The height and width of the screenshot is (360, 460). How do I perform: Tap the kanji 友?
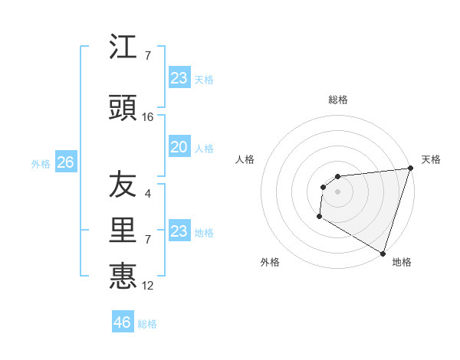[x=123, y=185]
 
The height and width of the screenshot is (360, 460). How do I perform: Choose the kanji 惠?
[x=123, y=275]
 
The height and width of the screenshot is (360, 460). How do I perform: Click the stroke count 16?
[x=148, y=117]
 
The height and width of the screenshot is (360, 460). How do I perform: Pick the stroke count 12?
[x=148, y=286]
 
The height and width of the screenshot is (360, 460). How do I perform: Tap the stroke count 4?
[x=148, y=194]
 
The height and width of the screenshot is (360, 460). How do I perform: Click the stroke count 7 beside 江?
[x=148, y=56]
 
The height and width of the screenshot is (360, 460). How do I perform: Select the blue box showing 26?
[x=65, y=162]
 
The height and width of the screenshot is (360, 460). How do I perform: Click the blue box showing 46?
[x=122, y=322]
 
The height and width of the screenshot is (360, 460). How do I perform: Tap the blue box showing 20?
[x=179, y=148]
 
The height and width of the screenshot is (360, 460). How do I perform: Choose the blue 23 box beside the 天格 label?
[x=179, y=78]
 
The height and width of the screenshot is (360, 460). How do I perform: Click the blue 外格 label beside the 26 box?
[x=41, y=164]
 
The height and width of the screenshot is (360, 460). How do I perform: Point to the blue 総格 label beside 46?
[x=147, y=324]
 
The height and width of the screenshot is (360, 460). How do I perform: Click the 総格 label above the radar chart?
[x=337, y=100]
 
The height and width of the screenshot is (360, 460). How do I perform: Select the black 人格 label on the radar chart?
[x=245, y=159]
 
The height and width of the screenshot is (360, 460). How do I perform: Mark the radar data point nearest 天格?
[x=409, y=169]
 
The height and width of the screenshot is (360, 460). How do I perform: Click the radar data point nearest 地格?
[x=383, y=253]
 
